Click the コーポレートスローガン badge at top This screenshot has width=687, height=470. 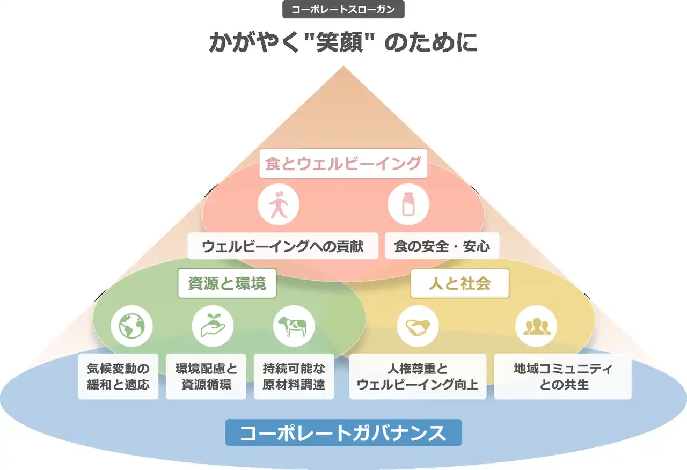coord(343,10)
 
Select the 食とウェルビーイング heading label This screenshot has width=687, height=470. coord(343,163)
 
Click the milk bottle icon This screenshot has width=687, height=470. coord(408,204)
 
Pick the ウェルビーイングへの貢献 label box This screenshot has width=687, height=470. coord(283,246)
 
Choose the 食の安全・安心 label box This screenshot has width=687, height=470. coord(442,246)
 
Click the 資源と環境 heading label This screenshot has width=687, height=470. coord(227,283)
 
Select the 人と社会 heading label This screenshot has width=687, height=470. coord(459,283)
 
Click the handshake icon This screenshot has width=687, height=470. coord(418,326)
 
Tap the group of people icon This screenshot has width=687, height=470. coord(536,326)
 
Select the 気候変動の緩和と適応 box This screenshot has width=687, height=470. coord(118,376)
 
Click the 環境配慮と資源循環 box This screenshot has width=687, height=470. coord(206,376)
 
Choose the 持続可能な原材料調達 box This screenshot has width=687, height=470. coord(294,376)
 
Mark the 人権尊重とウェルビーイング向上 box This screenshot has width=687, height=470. coord(418,376)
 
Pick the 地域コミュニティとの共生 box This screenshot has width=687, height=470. coord(562,376)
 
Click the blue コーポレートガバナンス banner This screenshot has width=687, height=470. coord(343,432)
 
